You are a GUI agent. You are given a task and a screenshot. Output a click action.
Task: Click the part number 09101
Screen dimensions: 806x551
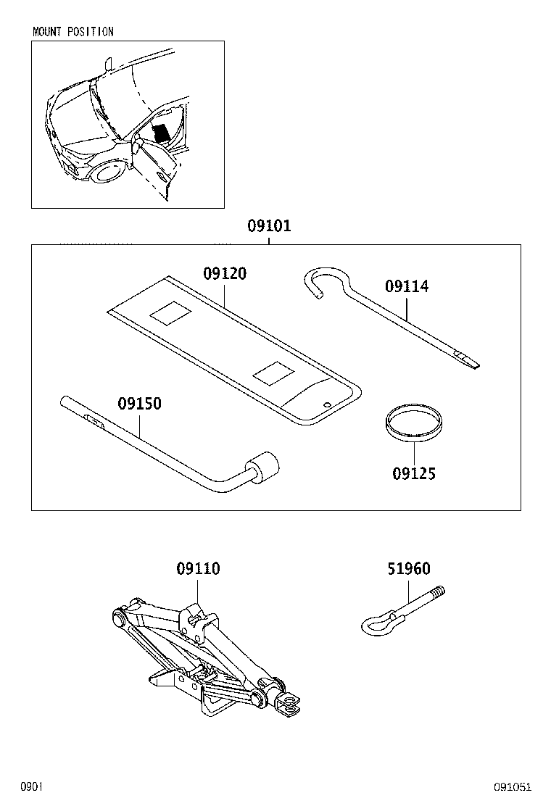click(269, 225)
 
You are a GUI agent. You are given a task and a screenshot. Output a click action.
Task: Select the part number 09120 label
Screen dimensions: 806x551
click(224, 273)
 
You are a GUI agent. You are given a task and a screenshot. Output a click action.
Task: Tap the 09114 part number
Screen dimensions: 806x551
click(407, 287)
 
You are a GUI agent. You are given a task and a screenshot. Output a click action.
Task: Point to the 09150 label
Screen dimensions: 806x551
click(140, 403)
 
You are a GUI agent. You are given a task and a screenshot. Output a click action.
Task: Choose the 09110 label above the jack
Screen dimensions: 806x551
click(198, 569)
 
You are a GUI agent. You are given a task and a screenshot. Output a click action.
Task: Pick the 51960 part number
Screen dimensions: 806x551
click(409, 569)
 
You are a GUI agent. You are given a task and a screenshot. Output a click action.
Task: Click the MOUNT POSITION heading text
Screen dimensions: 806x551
click(73, 32)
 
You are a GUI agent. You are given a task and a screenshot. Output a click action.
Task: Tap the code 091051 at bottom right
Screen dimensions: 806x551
click(513, 786)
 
